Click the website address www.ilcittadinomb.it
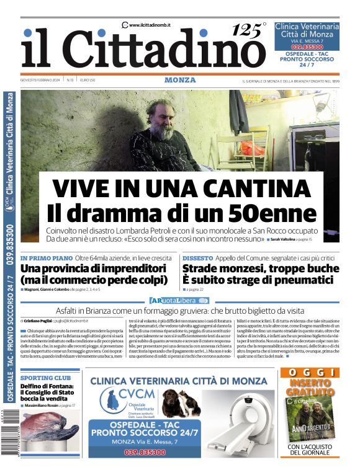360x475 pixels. pyautogui.click(x=149, y=25)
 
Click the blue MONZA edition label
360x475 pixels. pyautogui.click(x=180, y=80)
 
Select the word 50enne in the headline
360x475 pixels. pyautogui.click(x=272, y=213)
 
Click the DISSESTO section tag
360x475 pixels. pyautogui.click(x=197, y=257)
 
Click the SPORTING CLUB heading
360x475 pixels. pyautogui.click(x=45, y=377)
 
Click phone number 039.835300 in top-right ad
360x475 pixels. pyautogui.click(x=307, y=47)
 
